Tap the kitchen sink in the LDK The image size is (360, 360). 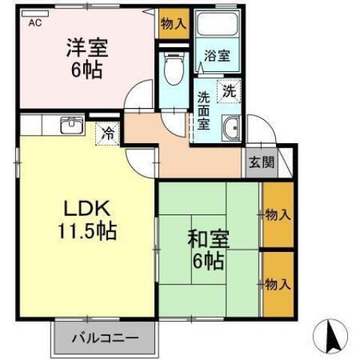point(70,124)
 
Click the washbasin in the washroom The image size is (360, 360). point(232,129)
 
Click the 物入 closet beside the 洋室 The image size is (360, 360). point(173,23)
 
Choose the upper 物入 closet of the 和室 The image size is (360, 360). point(277,215)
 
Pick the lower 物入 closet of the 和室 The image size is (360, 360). point(277,284)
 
